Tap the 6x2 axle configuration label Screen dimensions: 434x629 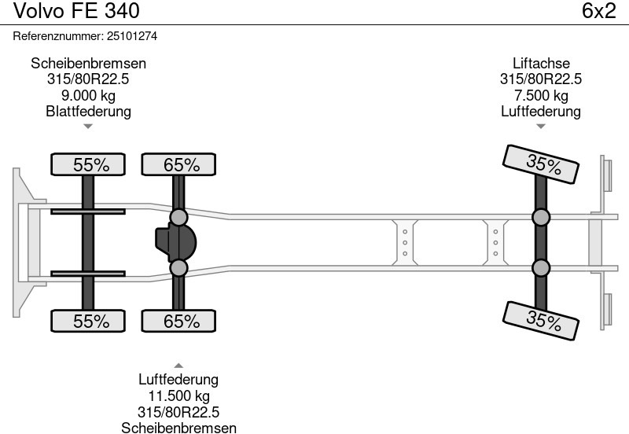(598, 11)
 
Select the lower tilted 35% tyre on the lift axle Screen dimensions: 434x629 (543, 320)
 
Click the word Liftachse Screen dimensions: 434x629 (541, 64)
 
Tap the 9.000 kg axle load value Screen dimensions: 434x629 (88, 95)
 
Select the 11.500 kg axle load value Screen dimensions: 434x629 (178, 396)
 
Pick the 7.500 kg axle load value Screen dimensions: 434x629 (541, 95)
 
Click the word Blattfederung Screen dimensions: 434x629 (88, 111)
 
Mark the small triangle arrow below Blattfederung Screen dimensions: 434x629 (88, 125)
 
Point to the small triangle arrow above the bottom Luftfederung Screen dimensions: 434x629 (178, 365)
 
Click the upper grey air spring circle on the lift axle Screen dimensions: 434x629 (541, 218)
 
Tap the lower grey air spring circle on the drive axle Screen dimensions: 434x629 (179, 269)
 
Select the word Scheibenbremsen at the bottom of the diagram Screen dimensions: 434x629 (178, 427)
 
